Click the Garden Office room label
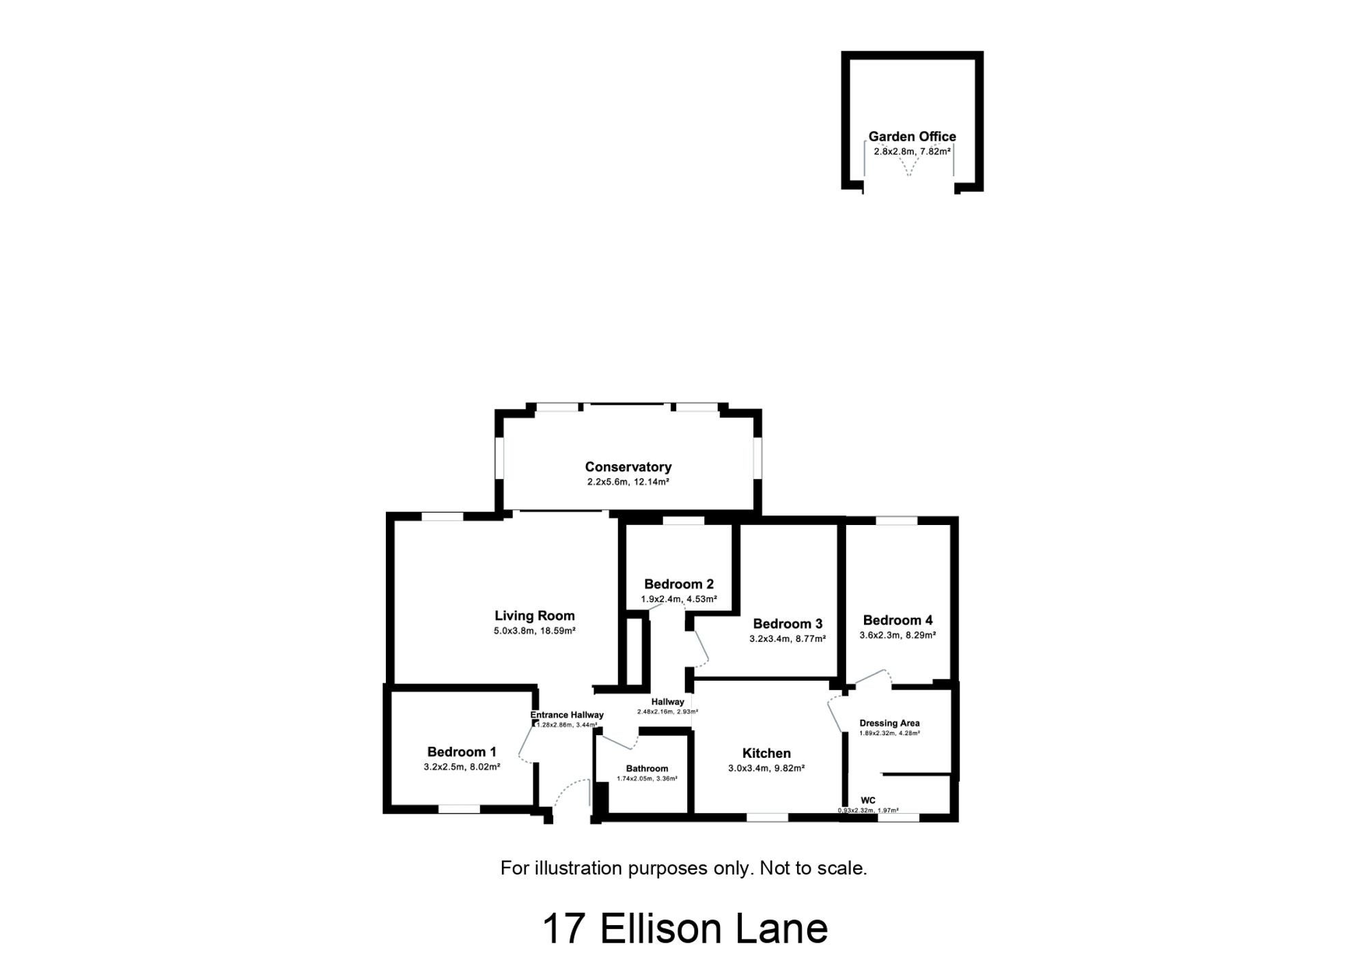(912, 137)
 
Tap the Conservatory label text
(628, 467)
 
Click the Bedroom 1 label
(462, 752)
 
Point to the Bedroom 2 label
(679, 584)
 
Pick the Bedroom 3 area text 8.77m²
(811, 639)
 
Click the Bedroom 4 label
(897, 620)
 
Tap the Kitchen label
(766, 753)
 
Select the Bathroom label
(647, 769)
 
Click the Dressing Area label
(889, 723)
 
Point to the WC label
(868, 800)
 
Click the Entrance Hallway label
(567, 715)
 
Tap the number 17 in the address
(564, 929)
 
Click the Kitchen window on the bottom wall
(767, 816)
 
